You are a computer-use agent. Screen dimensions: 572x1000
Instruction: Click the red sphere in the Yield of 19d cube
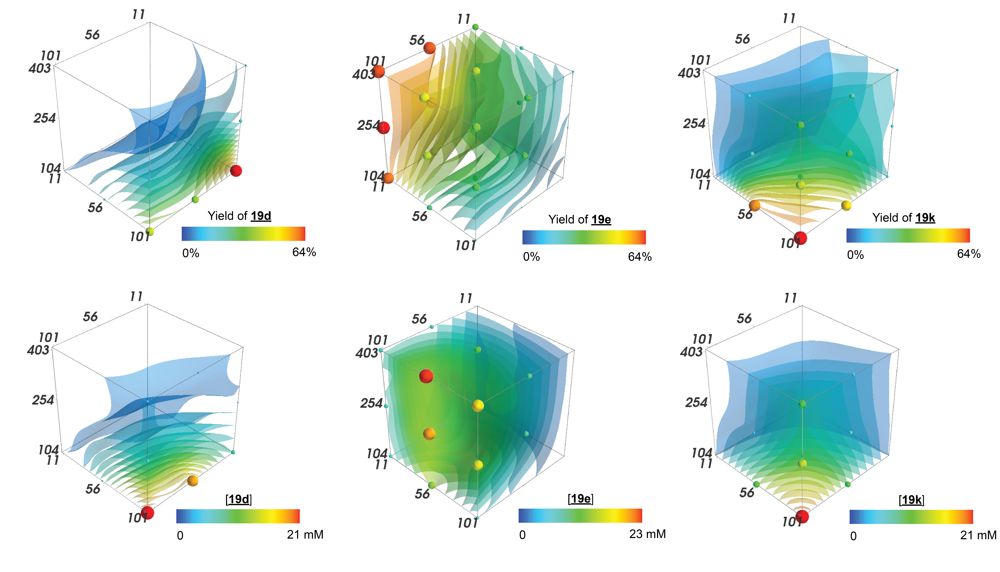click(x=236, y=171)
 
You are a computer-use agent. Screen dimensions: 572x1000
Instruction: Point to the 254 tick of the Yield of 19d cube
click(x=44, y=118)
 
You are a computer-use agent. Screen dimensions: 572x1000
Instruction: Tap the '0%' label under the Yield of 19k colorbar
click(x=855, y=255)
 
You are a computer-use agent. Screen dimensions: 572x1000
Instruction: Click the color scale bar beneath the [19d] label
click(x=238, y=516)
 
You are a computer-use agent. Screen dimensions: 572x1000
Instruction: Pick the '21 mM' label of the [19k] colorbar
click(x=978, y=535)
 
